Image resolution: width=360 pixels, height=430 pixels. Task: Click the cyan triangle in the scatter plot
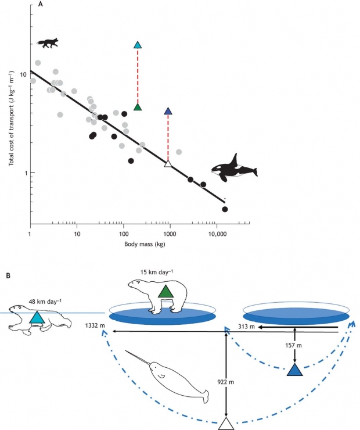pos(138,45)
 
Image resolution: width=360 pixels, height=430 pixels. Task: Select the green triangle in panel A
pos(138,106)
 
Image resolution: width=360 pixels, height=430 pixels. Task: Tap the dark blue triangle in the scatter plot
pos(168,111)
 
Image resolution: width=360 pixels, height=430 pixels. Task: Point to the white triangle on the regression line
pos(168,164)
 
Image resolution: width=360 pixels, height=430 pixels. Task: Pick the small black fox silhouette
pos(48,42)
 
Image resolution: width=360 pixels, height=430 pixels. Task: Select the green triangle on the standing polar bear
pos(166,292)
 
